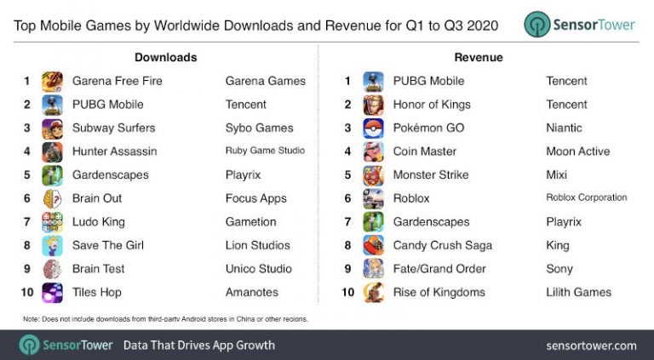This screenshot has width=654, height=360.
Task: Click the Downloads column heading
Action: pyautogui.click(x=165, y=57)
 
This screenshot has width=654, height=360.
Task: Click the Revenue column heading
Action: pyautogui.click(x=479, y=57)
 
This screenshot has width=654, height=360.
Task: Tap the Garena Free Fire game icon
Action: pyautogui.click(x=53, y=81)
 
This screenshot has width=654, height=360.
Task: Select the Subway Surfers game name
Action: pyautogui.click(x=113, y=128)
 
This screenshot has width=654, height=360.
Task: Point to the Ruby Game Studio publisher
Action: pyautogui.click(x=266, y=151)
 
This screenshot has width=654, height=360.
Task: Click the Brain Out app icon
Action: pyautogui.click(x=53, y=199)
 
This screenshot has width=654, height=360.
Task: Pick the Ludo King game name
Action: pyautogui.click(x=99, y=222)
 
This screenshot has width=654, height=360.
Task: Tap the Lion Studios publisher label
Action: pyautogui.click(x=258, y=245)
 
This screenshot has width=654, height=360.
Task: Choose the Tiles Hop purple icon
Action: pyautogui.click(x=53, y=293)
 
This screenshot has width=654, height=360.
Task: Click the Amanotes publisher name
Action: pyautogui.click(x=252, y=293)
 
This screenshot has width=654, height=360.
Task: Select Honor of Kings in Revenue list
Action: pyautogui.click(x=432, y=105)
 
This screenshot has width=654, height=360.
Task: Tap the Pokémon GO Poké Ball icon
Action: pyautogui.click(x=373, y=129)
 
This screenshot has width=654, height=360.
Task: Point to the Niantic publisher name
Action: pyautogui.click(x=564, y=128)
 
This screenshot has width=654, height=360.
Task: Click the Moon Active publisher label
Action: pyautogui.click(x=578, y=151)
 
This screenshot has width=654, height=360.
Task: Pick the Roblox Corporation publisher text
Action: pyautogui.click(x=587, y=197)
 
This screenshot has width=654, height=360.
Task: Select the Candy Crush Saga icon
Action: pyautogui.click(x=373, y=246)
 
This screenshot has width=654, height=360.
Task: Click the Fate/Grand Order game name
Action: pyautogui.click(x=439, y=269)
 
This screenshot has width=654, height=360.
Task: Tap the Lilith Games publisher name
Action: pyautogui.click(x=578, y=293)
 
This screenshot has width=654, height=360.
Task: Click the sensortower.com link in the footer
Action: pyautogui.click(x=591, y=346)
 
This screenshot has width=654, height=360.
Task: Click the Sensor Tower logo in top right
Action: pyautogui.click(x=579, y=25)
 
